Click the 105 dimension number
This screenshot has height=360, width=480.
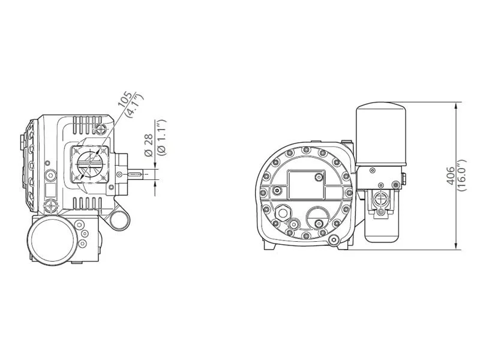pos(126,99)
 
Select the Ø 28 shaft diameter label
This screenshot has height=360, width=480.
pos(149,145)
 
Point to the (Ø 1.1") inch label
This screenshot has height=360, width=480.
pos(161,137)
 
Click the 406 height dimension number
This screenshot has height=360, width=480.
pos(451,176)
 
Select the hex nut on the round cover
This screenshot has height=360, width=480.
pos(282,212)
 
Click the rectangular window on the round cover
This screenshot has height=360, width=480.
pos(306,185)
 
